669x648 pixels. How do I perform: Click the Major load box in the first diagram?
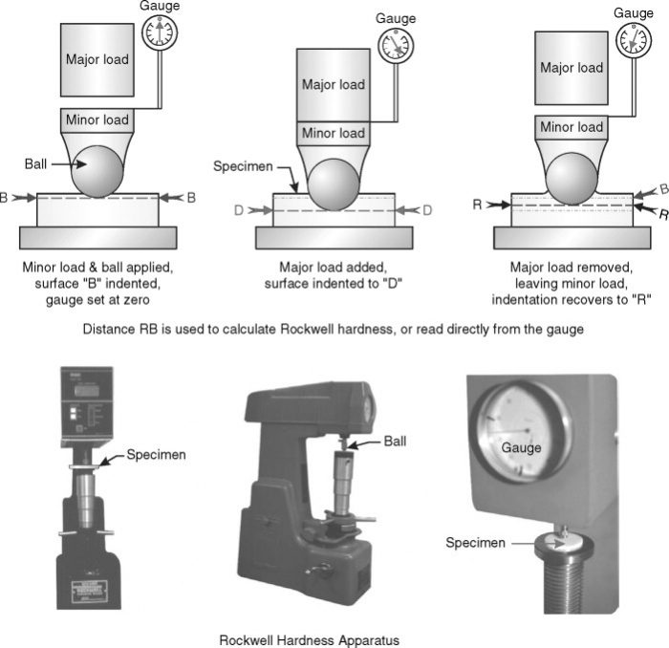(97, 59)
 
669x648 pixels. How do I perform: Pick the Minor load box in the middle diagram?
(333, 134)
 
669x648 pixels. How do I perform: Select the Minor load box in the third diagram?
(571, 127)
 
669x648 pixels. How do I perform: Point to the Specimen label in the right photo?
(474, 543)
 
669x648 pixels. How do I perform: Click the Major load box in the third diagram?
(571, 68)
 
